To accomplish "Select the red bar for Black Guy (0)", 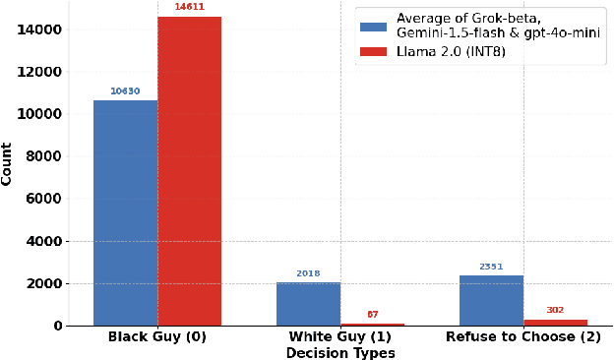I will click(189, 171).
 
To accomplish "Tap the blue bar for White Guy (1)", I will click(308, 304).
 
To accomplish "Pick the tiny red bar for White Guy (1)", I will click(372, 324).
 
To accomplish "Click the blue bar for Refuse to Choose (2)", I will click(491, 300).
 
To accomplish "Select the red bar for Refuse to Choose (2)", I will click(555, 322).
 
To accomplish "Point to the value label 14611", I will click(189, 7).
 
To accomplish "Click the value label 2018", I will click(308, 273).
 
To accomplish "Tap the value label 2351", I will click(491, 267).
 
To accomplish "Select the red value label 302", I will click(555, 310).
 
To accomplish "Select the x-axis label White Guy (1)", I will click(340, 338).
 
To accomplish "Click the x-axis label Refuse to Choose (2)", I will click(522, 338).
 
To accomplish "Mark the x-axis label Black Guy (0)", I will click(157, 338).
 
